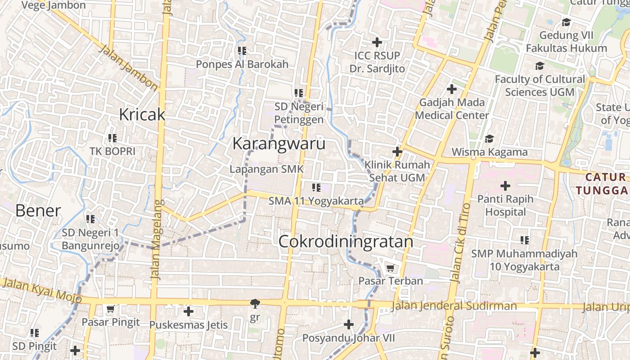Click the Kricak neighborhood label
[x=142, y=115]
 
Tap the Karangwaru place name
[x=279, y=144]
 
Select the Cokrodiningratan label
[x=346, y=242]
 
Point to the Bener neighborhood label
[x=38, y=211]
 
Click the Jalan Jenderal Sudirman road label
[x=454, y=306]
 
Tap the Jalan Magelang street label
[x=156, y=239]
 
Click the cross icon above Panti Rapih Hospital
[x=505, y=185]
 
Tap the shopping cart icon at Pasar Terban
[x=390, y=268]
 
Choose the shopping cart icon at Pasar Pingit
[x=110, y=309]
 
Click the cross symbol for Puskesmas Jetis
[x=189, y=311]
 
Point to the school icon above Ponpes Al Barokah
[x=242, y=51]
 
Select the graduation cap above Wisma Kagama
[x=489, y=139]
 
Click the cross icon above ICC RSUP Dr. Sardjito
[x=377, y=42]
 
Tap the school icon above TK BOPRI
[x=112, y=138]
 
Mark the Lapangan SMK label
[x=267, y=169]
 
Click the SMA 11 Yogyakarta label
[x=316, y=201]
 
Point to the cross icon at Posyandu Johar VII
[x=348, y=324]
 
